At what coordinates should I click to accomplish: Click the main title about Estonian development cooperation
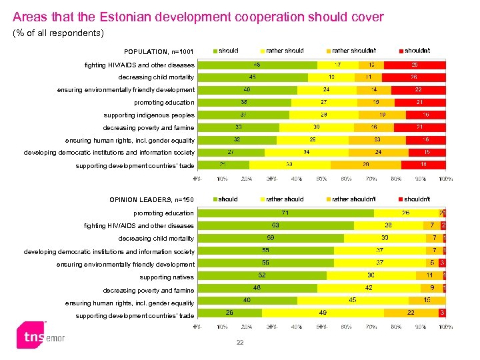point(198,17)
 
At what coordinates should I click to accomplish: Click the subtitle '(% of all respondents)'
point(59,33)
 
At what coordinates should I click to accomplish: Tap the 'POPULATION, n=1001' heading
point(159,52)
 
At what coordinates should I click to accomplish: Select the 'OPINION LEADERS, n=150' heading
point(151,199)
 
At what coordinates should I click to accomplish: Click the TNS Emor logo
point(41,337)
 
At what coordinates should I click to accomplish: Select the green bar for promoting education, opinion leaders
point(285,213)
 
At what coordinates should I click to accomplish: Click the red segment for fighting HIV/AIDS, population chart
point(415,65)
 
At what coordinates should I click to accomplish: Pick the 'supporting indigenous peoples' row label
point(149,115)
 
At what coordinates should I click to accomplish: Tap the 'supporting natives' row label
point(167,277)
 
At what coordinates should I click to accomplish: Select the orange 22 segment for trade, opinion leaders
point(411,312)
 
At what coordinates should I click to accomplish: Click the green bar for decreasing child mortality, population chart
point(253,77)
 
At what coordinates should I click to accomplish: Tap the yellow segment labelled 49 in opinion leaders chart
point(323,312)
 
